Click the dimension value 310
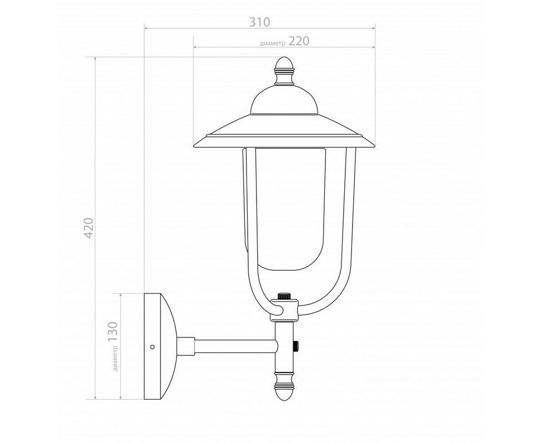point(259,22)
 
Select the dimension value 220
point(299,41)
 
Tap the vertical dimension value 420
point(89,228)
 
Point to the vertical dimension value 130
point(113,332)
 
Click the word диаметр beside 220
point(273,43)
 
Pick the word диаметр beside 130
point(115,359)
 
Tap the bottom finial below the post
point(284,386)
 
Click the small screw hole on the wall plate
point(152,346)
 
